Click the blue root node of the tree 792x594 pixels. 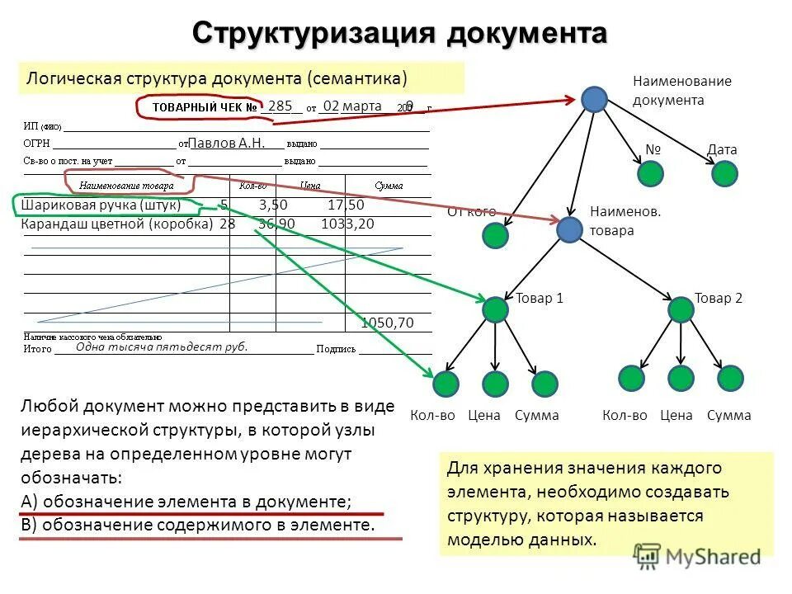point(594,99)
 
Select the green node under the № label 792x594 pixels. point(651,173)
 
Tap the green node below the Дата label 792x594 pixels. point(724,173)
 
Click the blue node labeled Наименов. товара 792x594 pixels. point(569,229)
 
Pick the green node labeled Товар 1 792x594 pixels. point(495,309)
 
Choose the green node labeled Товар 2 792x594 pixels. point(681,309)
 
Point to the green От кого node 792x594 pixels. point(495,236)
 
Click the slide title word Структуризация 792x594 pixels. point(314,34)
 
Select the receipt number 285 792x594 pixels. point(280,106)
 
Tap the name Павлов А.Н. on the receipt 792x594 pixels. point(227,142)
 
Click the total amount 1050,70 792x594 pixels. point(387,323)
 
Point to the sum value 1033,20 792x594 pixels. point(347,224)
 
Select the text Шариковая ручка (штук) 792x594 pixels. point(101,205)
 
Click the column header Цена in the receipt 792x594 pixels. point(310,186)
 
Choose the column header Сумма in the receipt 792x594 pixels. point(389,186)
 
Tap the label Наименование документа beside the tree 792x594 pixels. point(681,91)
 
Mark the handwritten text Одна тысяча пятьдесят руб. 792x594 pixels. point(162,347)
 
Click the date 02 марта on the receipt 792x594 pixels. point(351,106)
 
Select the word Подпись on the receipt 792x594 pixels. point(337,349)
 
